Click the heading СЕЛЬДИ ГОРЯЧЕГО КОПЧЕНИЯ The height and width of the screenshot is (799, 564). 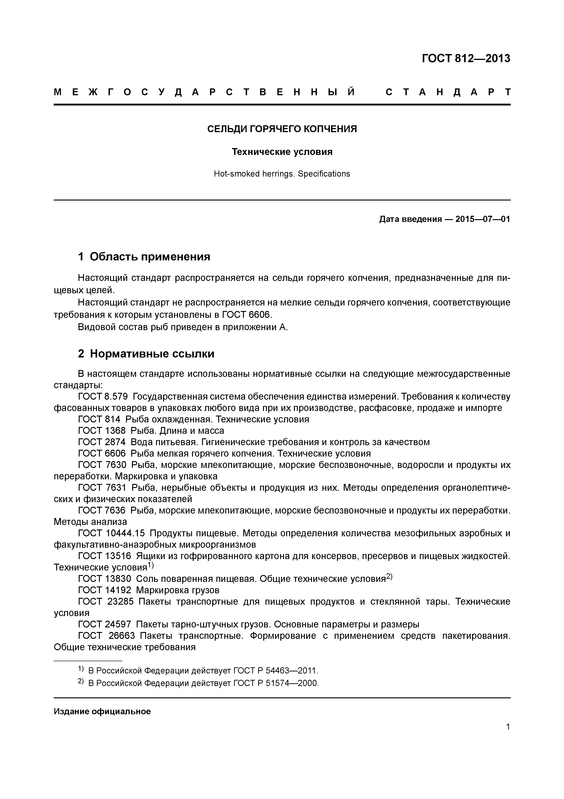tap(282, 129)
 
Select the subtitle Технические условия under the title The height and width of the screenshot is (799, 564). tap(282, 152)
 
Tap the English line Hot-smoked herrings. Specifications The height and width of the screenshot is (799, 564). tap(282, 174)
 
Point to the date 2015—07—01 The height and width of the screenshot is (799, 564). tap(482, 219)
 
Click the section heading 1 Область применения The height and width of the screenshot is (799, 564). tap(144, 257)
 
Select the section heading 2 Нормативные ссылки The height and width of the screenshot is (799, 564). tap(146, 354)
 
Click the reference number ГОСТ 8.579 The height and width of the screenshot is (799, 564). tap(103, 396)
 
